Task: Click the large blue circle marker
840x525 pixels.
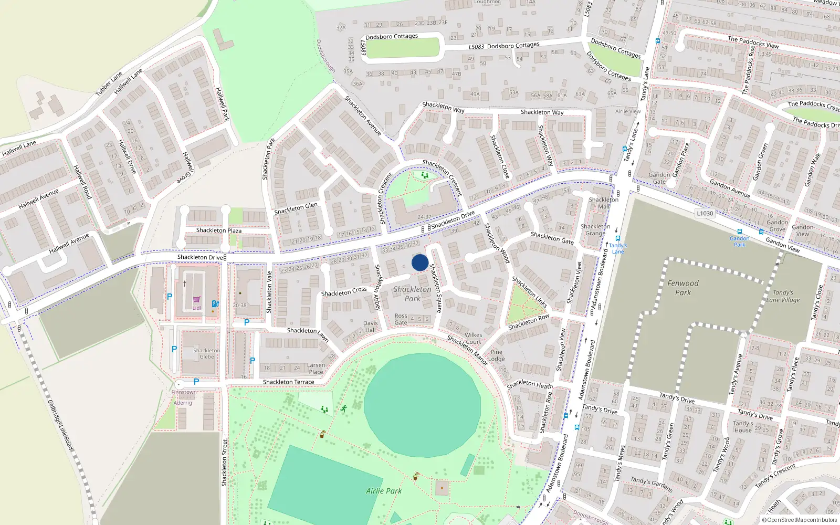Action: pyautogui.click(x=419, y=262)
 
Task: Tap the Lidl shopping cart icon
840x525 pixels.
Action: pyautogui.click(x=196, y=300)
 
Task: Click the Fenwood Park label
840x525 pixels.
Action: pyautogui.click(x=682, y=288)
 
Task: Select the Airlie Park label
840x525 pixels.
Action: pyautogui.click(x=384, y=491)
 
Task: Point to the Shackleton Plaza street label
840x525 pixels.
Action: pyautogui.click(x=219, y=230)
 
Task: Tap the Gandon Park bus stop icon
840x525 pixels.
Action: pyautogui.click(x=739, y=232)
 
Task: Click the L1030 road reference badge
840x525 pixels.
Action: pyautogui.click(x=705, y=213)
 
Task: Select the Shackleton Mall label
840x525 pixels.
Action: pyautogui.click(x=603, y=203)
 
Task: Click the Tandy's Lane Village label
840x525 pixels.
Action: pyautogui.click(x=783, y=296)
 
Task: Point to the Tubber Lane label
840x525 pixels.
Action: pyautogui.click(x=109, y=83)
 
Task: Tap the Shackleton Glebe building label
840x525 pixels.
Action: pyautogui.click(x=206, y=353)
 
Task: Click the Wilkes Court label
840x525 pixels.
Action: pyautogui.click(x=473, y=338)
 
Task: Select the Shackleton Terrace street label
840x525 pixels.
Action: pyautogui.click(x=288, y=382)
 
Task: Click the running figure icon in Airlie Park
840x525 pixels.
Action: pyautogui.click(x=344, y=408)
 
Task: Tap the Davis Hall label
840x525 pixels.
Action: pyautogui.click(x=370, y=327)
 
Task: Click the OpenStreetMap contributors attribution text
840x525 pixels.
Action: pyautogui.click(x=800, y=520)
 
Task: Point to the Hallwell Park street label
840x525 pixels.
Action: pyautogui.click(x=222, y=104)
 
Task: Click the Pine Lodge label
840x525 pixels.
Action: pyautogui.click(x=496, y=355)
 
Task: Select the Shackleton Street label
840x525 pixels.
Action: pyautogui.click(x=225, y=462)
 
